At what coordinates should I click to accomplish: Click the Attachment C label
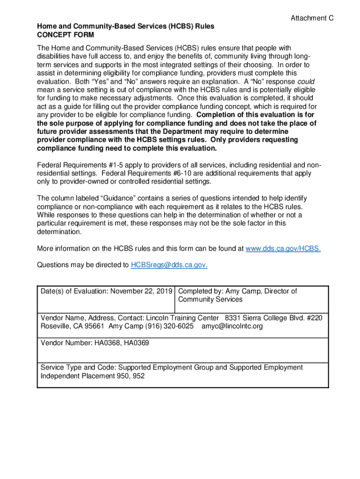coord(312,18)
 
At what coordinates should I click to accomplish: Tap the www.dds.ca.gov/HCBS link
coord(283,248)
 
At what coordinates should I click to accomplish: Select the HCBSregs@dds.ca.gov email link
coord(169,265)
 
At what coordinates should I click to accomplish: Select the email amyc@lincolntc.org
coord(232,326)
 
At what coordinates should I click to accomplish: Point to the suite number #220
coord(314,318)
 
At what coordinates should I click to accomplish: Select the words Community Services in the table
coord(210,299)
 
